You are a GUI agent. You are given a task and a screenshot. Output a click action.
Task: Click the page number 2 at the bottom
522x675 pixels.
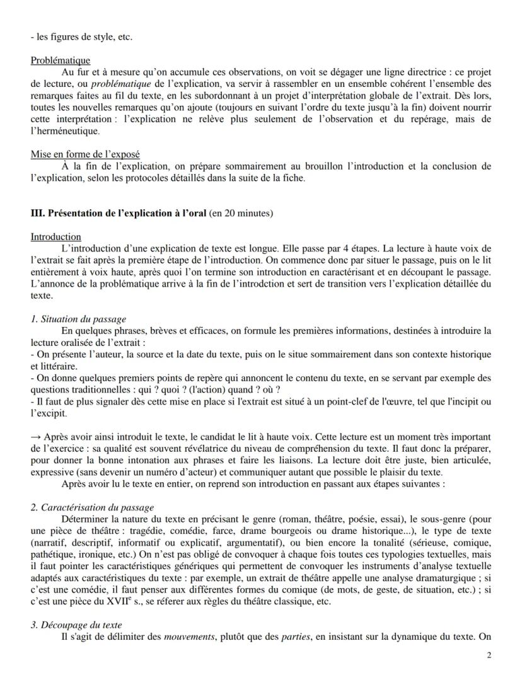[489, 655]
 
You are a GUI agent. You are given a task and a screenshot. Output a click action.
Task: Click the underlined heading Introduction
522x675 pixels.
[55, 236]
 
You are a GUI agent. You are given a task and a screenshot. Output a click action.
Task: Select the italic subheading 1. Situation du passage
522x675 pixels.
[78, 320]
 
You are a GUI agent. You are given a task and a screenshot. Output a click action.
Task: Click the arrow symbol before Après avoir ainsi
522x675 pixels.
[35, 437]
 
